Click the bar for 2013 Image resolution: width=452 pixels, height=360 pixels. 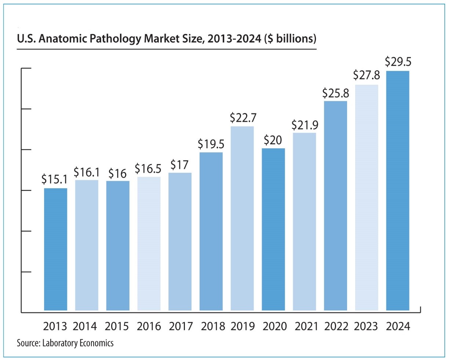coord(55,250)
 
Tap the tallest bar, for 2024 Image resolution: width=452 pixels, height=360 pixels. coord(398,191)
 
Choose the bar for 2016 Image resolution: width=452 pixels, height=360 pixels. coord(149,244)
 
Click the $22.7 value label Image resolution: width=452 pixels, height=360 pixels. coord(243,118)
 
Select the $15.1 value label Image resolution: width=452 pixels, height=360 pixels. coord(54,179)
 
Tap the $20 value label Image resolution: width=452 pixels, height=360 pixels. coord(273,140)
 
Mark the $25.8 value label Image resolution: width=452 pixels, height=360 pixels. coord(336,93)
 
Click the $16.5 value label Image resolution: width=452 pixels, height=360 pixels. coord(148,169)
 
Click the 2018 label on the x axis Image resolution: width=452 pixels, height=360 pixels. coord(211,326)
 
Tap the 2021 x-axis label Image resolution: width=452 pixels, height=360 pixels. coord(305,326)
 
